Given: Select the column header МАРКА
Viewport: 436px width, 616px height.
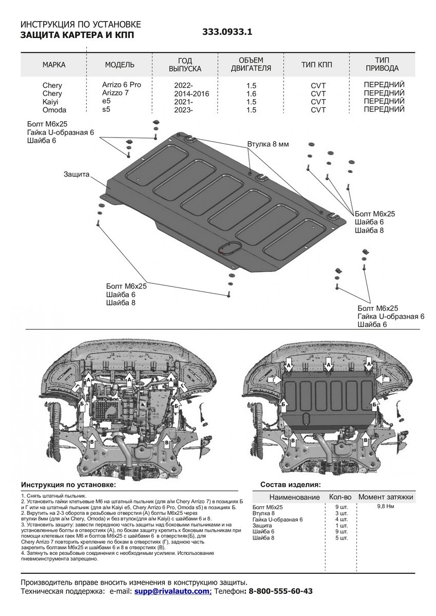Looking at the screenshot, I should (x=53, y=65).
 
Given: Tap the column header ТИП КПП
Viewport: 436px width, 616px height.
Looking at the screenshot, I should (x=317, y=65).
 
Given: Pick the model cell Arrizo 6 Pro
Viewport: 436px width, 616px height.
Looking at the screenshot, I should (x=121, y=84).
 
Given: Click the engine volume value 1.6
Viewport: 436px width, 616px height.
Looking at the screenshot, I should (x=251, y=93).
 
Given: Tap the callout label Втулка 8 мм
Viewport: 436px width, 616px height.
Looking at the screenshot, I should (x=268, y=144).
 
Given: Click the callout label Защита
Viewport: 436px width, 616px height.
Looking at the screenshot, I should (x=77, y=174).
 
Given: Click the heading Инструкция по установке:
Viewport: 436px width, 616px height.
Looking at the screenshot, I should (x=68, y=485).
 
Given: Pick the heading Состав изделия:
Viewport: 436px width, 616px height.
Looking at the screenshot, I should (x=291, y=485).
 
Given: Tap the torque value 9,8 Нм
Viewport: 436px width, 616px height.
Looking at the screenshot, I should (x=386, y=506).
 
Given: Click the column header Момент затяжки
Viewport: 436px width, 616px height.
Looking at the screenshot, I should (x=386, y=497).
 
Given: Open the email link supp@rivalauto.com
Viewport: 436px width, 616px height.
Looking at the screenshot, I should (x=173, y=591).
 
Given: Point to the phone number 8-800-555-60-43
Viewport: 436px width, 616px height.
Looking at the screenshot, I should (x=280, y=591).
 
